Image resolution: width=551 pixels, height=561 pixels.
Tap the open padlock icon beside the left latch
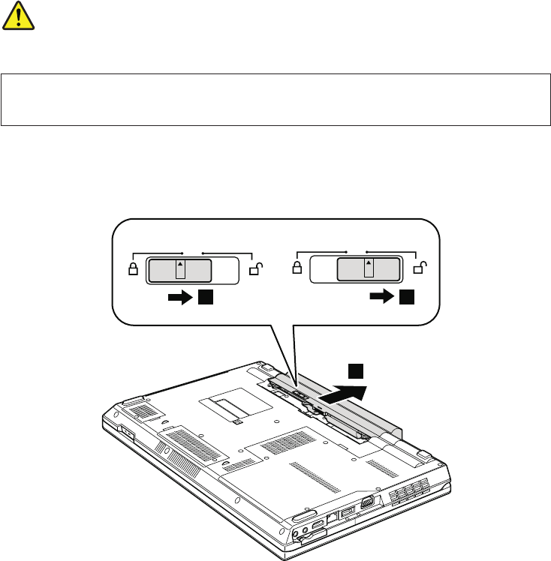(x=254, y=268)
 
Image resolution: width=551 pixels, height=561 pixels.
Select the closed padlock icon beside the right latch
(x=297, y=268)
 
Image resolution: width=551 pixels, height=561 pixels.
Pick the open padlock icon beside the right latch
(x=420, y=268)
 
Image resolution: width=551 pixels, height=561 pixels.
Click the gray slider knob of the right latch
(x=368, y=268)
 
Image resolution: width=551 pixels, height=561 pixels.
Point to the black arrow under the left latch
(x=181, y=298)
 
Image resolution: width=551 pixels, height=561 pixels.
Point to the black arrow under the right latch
(x=382, y=298)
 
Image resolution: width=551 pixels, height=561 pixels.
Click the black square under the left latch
(x=206, y=298)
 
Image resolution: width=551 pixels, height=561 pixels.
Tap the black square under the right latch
(x=407, y=298)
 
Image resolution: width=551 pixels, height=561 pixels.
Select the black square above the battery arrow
(x=357, y=370)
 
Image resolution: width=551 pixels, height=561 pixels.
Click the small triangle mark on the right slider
(x=368, y=265)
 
